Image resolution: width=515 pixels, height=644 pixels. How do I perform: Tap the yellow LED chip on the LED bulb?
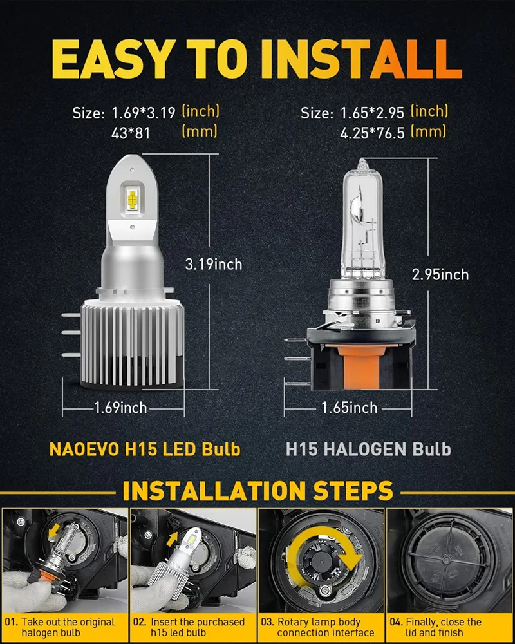point(132,199)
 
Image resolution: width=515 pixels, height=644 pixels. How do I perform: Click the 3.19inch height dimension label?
point(214,264)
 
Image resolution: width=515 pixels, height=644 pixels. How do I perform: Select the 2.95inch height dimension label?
point(440,274)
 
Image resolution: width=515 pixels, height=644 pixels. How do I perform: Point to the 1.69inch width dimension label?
point(120,408)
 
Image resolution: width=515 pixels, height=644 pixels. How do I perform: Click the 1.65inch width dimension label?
point(349,408)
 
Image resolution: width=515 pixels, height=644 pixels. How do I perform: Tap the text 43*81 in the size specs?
point(131,133)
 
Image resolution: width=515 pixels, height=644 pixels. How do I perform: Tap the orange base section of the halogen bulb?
point(362,366)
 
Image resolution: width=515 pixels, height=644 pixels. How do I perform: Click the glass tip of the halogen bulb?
point(361,164)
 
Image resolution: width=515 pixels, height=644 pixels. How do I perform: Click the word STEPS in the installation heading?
point(353,491)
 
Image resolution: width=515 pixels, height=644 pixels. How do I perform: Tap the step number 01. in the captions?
point(12,622)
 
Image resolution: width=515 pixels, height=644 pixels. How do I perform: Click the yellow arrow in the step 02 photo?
point(172,539)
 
